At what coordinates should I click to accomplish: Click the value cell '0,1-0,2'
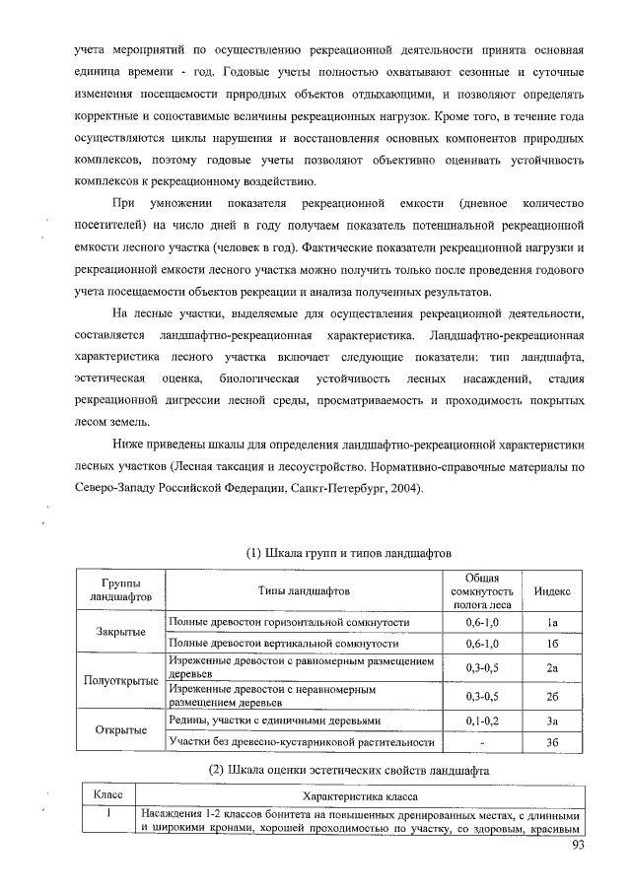(x=482, y=720)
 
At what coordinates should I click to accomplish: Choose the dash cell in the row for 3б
(x=482, y=741)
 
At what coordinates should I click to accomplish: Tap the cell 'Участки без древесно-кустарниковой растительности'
(x=302, y=741)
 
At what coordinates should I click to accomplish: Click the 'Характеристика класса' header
(x=360, y=794)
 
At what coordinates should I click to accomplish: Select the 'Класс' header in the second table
(x=106, y=794)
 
